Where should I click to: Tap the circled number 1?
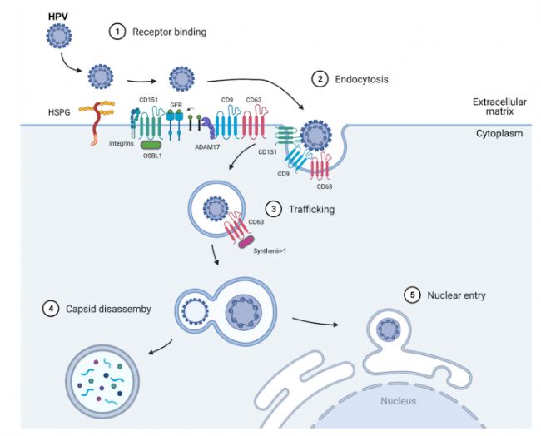pos(117,31)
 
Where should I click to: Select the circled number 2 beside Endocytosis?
pos(319,79)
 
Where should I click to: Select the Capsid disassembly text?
pos(107,309)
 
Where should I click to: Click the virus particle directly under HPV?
pos(57,36)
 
